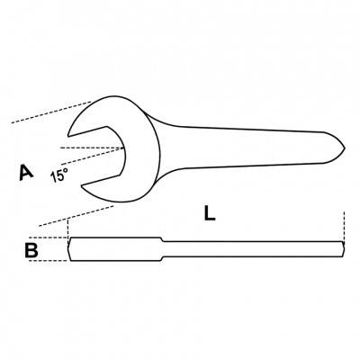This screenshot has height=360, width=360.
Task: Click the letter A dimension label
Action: click(27, 172)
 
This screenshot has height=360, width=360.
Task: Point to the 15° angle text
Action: click(59, 175)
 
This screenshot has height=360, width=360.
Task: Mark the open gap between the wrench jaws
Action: click(99, 149)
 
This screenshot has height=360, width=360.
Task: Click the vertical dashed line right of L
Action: click(345, 225)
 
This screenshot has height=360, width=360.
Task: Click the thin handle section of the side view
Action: click(252, 249)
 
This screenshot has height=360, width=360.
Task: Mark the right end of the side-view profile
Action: click(343, 249)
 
